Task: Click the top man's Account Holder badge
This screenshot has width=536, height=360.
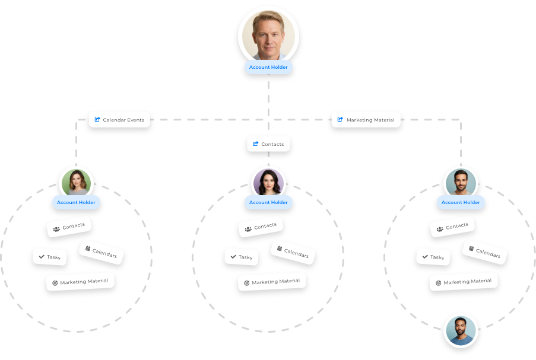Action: pyautogui.click(x=268, y=67)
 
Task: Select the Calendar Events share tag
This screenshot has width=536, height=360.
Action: pyautogui.click(x=119, y=120)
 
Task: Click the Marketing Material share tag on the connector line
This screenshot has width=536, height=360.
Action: pyautogui.click(x=366, y=120)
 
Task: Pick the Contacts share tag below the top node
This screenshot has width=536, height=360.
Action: pyautogui.click(x=268, y=144)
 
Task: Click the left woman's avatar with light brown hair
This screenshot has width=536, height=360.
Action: pyautogui.click(x=77, y=182)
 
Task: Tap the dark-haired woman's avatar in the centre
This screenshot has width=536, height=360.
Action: pyautogui.click(x=268, y=182)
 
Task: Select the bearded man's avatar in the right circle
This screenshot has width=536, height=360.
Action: pyautogui.click(x=460, y=182)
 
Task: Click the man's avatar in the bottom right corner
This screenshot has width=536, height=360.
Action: pyautogui.click(x=461, y=330)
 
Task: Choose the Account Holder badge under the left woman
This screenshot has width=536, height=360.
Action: pyautogui.click(x=76, y=202)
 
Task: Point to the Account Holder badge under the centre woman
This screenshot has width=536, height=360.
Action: pyautogui.click(x=268, y=202)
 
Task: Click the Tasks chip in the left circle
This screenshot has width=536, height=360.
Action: pyautogui.click(x=50, y=257)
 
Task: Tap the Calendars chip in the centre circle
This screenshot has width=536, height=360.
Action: pyautogui.click(x=293, y=252)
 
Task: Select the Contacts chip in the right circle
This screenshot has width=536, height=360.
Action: pyautogui.click(x=452, y=227)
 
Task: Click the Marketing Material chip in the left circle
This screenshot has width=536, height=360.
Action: pyautogui.click(x=80, y=282)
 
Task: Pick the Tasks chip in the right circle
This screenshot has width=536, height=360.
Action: pyautogui.click(x=433, y=257)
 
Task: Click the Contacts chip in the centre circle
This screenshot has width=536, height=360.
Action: pyautogui.click(x=261, y=227)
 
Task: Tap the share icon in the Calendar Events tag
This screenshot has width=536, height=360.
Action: pyautogui.click(x=97, y=120)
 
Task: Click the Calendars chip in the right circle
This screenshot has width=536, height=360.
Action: pyautogui.click(x=485, y=252)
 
